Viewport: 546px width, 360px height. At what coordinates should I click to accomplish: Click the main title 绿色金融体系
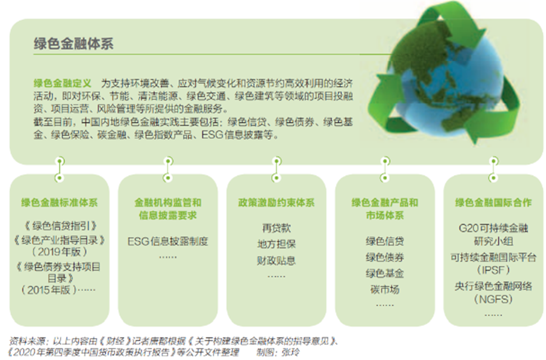tap(73, 44)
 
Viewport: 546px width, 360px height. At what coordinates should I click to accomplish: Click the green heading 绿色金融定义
tap(62, 83)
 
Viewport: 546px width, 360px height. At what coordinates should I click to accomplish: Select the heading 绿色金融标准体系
tap(59, 203)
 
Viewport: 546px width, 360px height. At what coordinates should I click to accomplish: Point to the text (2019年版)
tap(59, 251)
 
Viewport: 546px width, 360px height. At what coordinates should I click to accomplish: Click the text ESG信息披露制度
tap(168, 241)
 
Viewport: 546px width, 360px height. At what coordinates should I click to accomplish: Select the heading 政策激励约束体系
tap(276, 203)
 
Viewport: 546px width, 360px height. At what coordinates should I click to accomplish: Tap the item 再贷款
tap(276, 228)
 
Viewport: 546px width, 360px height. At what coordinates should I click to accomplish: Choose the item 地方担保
tap(276, 244)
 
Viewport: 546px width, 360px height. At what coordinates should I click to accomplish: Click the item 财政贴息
tap(276, 260)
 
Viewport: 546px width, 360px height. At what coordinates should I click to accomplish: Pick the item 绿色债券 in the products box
tap(385, 257)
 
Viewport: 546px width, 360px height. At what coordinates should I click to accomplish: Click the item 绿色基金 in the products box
tap(385, 274)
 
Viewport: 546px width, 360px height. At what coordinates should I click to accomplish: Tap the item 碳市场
tap(385, 290)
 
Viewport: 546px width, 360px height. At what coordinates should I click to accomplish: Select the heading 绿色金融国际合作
tap(493, 203)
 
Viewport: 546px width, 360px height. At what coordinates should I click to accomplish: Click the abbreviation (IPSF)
tap(493, 270)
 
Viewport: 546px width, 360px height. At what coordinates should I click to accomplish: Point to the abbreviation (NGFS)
tap(493, 299)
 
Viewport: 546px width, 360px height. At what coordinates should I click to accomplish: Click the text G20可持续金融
tap(493, 228)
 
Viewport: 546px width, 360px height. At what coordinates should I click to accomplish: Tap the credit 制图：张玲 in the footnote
tap(278, 352)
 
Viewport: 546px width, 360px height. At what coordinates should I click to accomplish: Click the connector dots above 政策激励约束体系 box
tap(277, 170)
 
